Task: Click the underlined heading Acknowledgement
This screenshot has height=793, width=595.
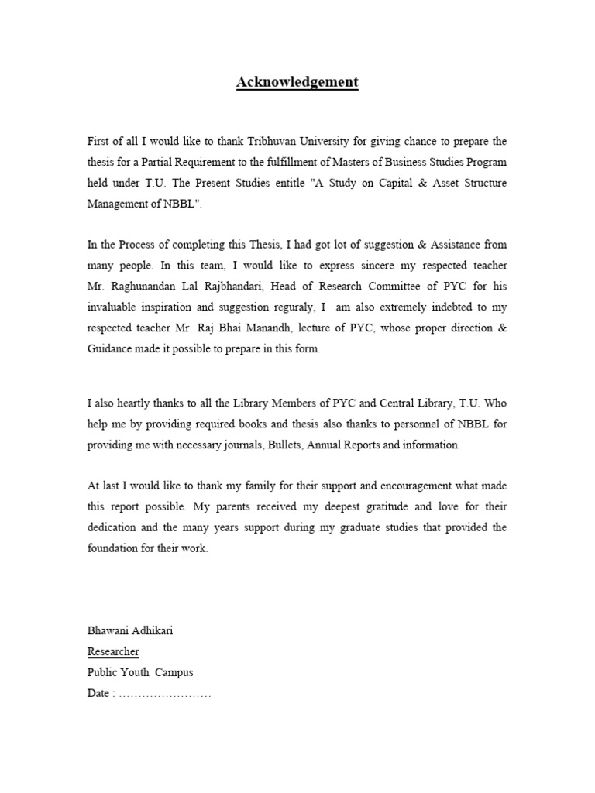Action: [x=297, y=82]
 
